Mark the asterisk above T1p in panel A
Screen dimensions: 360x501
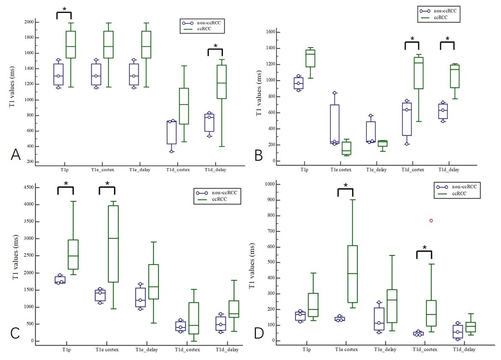coord(64,10)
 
